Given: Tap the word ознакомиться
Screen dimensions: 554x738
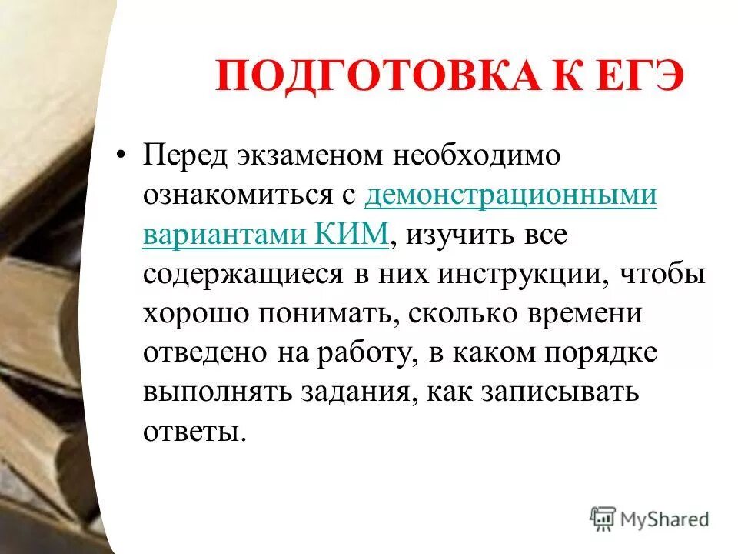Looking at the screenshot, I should point(233,195).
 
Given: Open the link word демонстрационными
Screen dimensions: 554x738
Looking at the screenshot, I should point(511,195).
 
